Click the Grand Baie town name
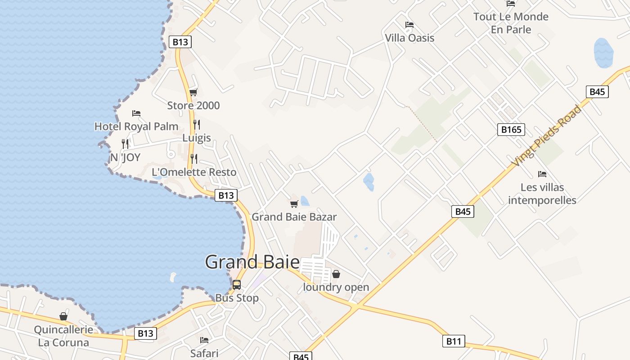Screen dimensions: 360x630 pos(252,262)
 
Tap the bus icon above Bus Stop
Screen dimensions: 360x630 pos(237,285)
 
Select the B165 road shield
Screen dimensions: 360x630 pos(511,130)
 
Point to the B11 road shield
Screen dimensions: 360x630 pos(453,342)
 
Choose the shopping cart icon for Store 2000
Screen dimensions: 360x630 pos(193,93)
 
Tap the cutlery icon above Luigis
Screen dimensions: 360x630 pos(197,125)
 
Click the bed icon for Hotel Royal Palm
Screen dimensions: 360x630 pos(136,113)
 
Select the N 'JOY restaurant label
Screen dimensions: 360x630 pos(126,157)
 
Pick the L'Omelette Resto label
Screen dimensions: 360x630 pos(194,172)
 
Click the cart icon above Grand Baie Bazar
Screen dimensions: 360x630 pos(294,204)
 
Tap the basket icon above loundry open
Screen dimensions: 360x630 pos(336,274)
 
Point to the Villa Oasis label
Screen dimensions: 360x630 pos(409,38)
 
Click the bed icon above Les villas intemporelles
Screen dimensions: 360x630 pos(542,174)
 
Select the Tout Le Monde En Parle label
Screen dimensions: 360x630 pos(511,23)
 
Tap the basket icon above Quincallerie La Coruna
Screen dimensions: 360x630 pos(63,317)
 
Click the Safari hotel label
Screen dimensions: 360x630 pos(204,353)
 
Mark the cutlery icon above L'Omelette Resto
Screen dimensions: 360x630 pos(194,159)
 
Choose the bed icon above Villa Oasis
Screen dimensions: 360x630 pos(409,25)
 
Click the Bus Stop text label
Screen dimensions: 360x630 pos(237,298)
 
